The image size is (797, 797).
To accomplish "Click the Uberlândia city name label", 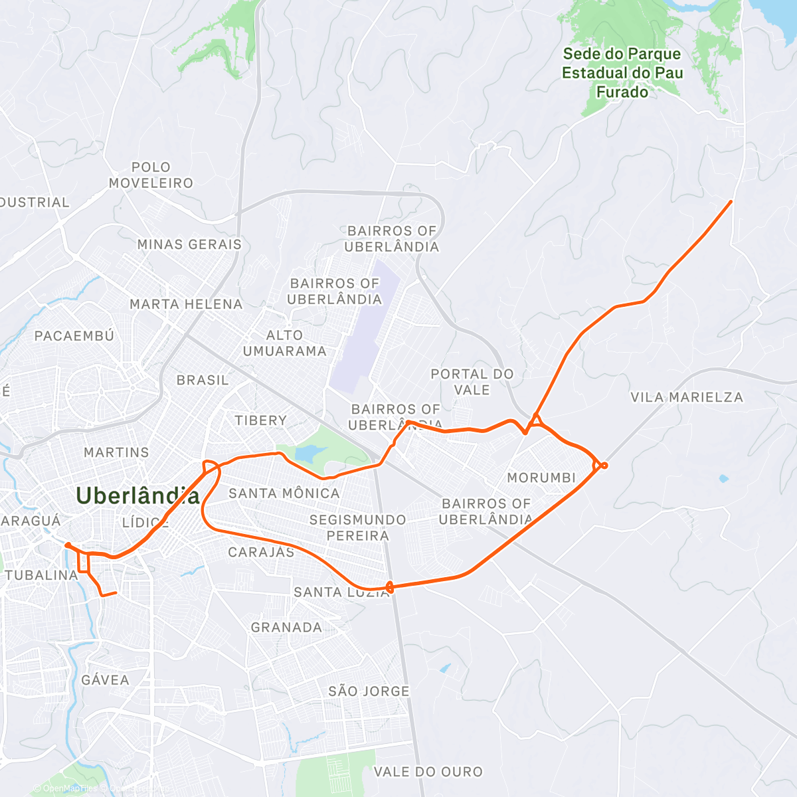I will click(x=137, y=495).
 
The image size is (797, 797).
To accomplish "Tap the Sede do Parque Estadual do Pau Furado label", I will click(x=622, y=73).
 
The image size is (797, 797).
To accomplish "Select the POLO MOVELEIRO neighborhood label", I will click(x=151, y=175).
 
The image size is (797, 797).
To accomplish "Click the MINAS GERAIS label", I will click(x=189, y=244).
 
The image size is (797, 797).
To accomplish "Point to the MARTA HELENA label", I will click(x=186, y=304).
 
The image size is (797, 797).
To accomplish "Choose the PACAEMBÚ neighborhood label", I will click(x=74, y=336).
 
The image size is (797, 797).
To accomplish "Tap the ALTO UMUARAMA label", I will click(x=284, y=343).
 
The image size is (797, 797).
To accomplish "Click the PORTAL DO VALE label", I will click(x=472, y=382).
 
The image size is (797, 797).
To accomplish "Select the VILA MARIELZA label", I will click(x=687, y=397).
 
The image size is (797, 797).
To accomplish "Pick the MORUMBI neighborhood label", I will click(x=541, y=478).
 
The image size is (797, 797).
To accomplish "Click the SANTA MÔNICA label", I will click(x=284, y=493).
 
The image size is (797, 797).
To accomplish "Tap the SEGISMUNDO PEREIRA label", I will click(x=357, y=527).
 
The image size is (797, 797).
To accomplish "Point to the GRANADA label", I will click(x=286, y=627).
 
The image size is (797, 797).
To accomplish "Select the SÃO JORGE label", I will click(x=369, y=691).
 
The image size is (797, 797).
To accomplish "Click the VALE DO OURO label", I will click(x=428, y=772).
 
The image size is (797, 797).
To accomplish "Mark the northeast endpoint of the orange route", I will click(x=731, y=201).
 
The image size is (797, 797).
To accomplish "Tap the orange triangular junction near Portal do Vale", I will click(x=535, y=420).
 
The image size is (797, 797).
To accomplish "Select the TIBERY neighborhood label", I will click(x=260, y=420).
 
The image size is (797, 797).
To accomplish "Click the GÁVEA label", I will click(x=105, y=680).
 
